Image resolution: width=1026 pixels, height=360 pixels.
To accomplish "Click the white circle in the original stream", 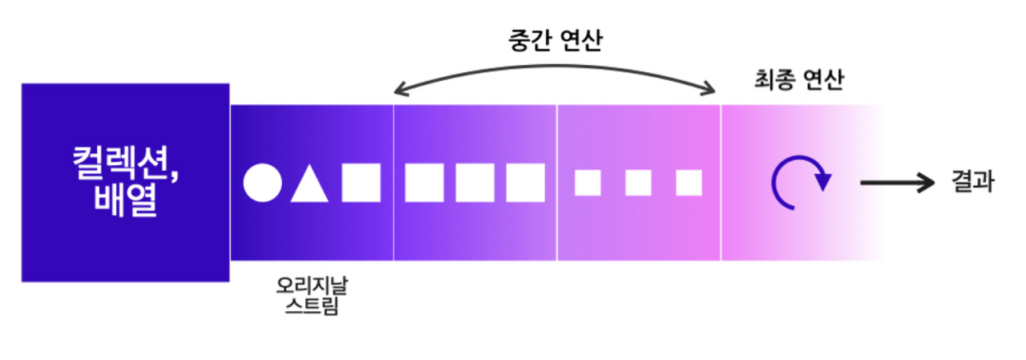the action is tap(263, 183).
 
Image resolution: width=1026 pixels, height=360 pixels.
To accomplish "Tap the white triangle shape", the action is tap(309, 185).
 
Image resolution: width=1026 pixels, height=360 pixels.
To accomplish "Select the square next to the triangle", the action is tap(361, 183).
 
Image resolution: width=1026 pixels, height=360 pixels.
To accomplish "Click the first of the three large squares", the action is tap(424, 183).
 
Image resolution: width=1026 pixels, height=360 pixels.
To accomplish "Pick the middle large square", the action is tap(475, 183).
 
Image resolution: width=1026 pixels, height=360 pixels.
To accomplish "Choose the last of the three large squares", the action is tap(525, 183).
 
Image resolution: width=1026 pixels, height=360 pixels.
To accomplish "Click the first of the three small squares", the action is tap(588, 183).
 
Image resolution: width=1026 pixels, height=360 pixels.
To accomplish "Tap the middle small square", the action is tap(638, 183).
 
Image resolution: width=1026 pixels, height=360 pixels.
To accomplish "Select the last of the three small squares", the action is tap(689, 183).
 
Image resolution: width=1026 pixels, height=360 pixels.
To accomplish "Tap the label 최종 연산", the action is tap(798, 80).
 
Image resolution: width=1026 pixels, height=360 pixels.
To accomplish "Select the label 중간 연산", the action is tap(554, 39).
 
